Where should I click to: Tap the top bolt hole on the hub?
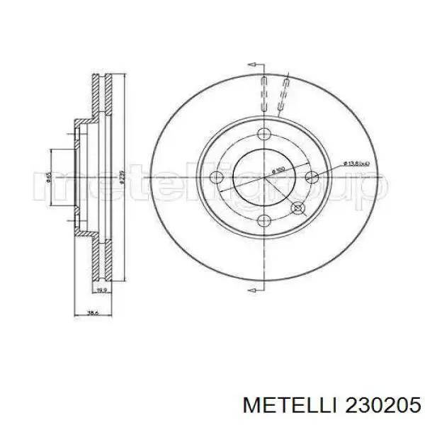pos(264,135)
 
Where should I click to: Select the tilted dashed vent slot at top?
pos(285,92)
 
